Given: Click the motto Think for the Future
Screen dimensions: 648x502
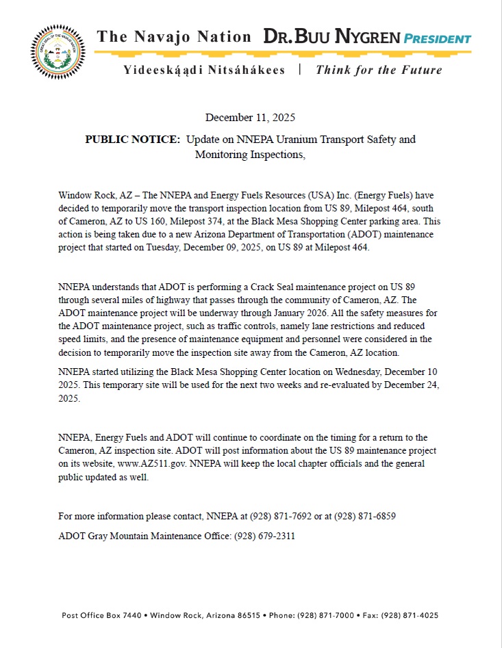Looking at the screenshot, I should click(x=379, y=70).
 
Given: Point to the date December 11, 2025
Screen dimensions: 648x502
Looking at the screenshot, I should click(x=250, y=118).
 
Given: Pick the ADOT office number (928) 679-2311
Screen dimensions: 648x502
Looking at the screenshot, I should click(x=264, y=536).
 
